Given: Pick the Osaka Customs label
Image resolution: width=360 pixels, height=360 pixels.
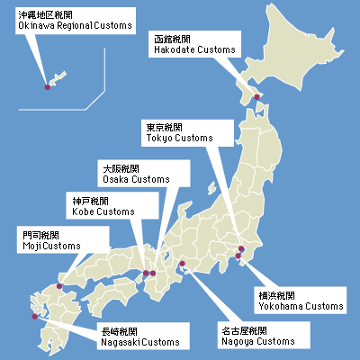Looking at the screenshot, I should coord(143,175).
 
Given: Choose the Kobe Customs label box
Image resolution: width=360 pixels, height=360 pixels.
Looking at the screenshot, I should coord(105,206).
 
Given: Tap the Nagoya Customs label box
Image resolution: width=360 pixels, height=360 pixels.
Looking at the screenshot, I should coord(257,337).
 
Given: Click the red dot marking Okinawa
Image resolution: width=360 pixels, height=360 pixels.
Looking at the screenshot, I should coord(48,87).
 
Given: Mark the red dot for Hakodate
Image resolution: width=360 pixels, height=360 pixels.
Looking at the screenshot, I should coord(256,97).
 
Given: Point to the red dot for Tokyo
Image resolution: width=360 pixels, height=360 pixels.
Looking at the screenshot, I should coord(241,249).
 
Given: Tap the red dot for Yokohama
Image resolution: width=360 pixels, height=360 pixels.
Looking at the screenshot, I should coord(238,257).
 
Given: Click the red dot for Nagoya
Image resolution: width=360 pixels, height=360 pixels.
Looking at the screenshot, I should coord(183,264).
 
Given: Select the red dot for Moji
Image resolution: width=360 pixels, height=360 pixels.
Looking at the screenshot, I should coord(59,286).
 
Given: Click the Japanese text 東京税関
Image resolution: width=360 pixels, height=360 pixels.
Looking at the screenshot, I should coord(166,127).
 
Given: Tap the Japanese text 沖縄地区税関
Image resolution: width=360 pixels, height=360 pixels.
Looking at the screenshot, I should coord(40,15).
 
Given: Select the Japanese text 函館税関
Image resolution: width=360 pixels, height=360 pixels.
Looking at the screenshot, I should coord(173,40).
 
